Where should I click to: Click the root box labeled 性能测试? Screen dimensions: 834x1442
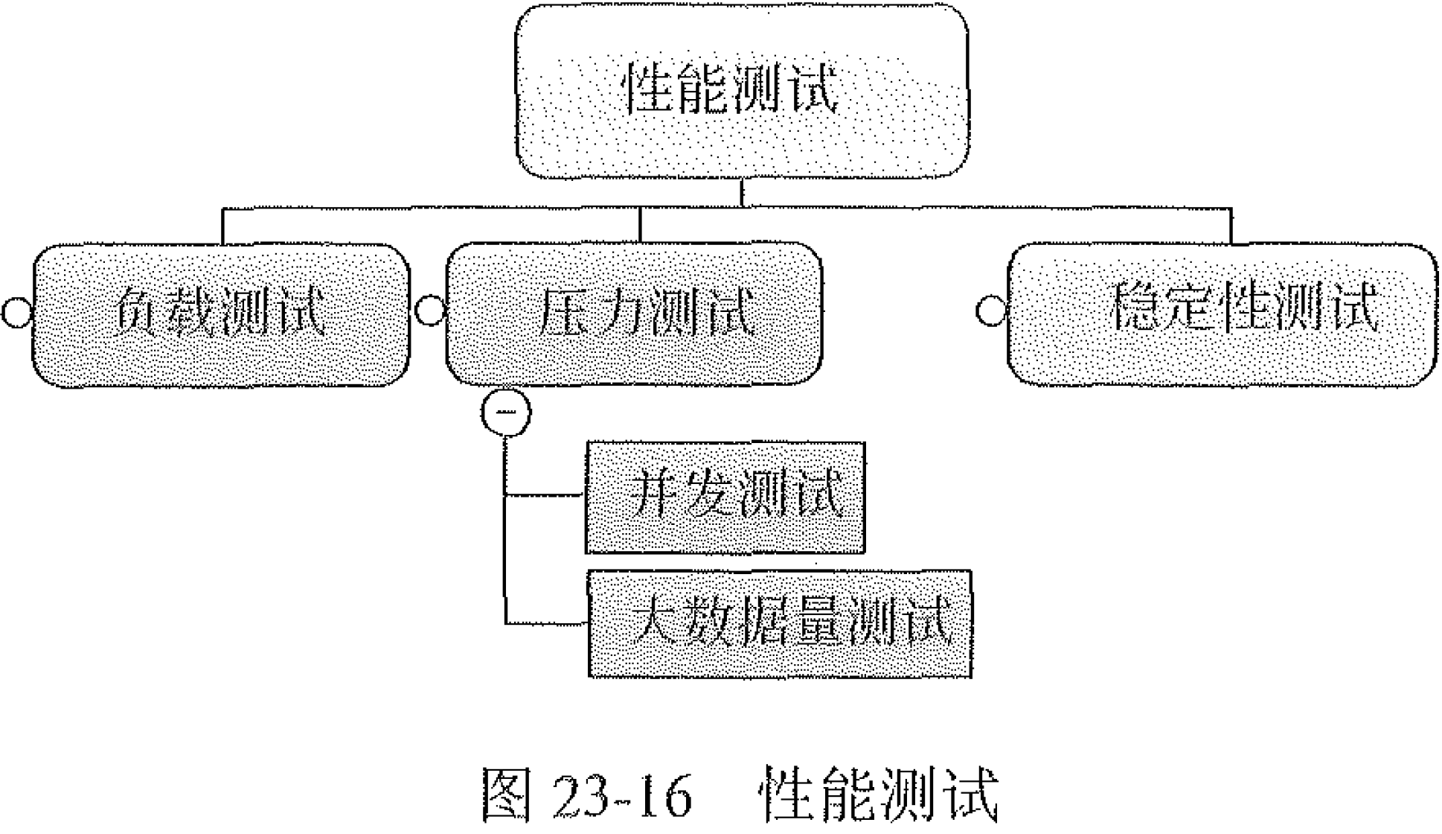click(742, 91)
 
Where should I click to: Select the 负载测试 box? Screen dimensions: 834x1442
click(221, 314)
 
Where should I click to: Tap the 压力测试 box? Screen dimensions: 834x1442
click(634, 313)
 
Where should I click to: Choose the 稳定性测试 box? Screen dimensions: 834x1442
click(1223, 313)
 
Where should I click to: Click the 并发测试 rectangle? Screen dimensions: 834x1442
click(725, 497)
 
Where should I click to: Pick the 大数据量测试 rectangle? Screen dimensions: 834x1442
click(779, 624)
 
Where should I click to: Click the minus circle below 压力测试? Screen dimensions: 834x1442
click(506, 412)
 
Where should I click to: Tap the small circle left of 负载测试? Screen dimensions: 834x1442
click(16, 312)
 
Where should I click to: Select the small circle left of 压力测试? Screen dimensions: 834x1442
click(430, 310)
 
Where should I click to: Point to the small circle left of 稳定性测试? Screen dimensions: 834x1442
click(990, 311)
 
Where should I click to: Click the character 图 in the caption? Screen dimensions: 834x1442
click(507, 795)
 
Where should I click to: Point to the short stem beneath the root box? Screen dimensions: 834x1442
click(741, 192)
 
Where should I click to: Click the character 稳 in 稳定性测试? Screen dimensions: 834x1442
click(1134, 307)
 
